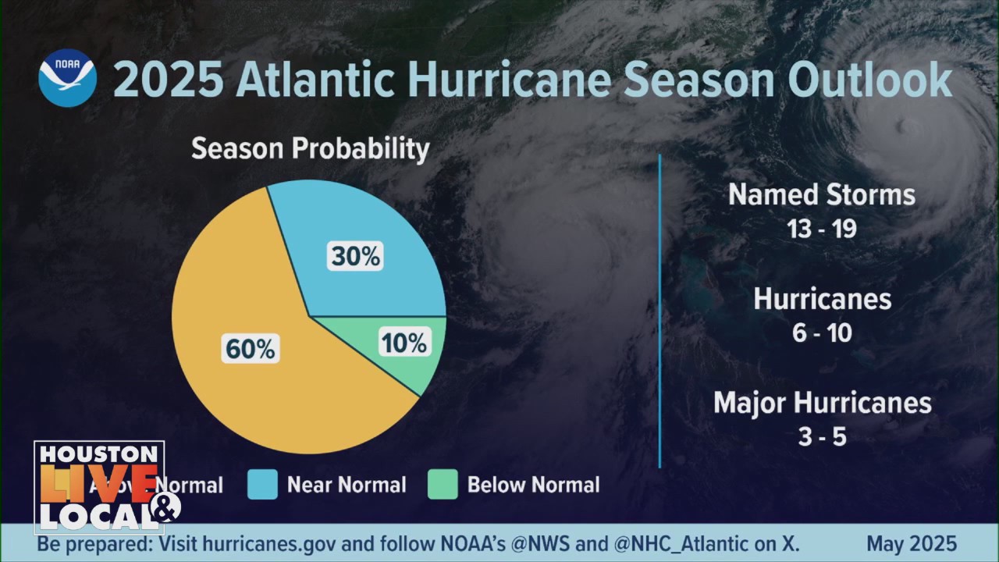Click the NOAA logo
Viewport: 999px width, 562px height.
coord(67,78)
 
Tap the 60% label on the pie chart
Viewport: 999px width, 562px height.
coord(250,349)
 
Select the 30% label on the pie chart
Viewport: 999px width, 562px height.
coord(355,256)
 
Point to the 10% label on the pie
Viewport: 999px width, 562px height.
coord(404,343)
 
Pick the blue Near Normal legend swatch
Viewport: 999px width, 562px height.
coord(262,485)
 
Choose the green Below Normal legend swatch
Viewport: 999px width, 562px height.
coord(443,485)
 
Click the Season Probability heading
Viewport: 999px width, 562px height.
coord(310,148)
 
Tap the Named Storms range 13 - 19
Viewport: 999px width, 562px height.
coord(822,229)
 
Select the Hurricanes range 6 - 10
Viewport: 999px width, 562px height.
coord(822,333)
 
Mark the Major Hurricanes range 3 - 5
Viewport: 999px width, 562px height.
coord(822,436)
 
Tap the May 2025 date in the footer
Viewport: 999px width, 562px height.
coord(912,544)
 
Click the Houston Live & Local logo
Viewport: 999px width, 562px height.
coord(99,487)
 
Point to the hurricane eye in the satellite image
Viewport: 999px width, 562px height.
coord(905,125)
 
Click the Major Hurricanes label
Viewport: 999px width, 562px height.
coord(822,404)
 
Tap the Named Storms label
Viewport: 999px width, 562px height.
coord(822,195)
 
